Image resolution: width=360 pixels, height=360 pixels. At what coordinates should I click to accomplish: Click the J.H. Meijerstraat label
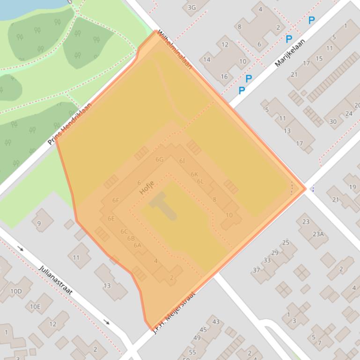(x=174, y=312)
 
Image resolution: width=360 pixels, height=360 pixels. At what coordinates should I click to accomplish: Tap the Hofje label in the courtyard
(x=147, y=188)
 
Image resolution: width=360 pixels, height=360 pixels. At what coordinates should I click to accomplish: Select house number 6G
(x=160, y=159)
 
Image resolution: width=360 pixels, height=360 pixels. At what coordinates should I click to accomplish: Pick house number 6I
(x=182, y=161)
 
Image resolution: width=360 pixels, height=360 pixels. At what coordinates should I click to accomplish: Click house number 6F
(x=116, y=201)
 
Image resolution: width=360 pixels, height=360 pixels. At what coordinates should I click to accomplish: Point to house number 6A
(x=137, y=245)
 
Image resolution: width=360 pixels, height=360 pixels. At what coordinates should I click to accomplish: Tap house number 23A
(x=318, y=234)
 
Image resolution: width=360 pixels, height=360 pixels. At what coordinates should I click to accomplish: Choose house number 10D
(x=16, y=292)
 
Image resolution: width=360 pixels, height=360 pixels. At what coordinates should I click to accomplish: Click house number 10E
(x=35, y=307)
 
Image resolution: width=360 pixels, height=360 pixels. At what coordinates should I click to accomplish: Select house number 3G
(x=191, y=7)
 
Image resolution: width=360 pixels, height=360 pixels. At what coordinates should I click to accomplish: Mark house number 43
(x=216, y=322)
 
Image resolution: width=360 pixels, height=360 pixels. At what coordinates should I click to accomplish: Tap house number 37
(x=256, y=270)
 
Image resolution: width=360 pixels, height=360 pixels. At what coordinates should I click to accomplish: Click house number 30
(x=333, y=122)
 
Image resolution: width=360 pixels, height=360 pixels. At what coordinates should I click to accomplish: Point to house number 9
(x=39, y=223)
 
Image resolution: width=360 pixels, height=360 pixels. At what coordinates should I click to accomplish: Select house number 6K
(x=194, y=174)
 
